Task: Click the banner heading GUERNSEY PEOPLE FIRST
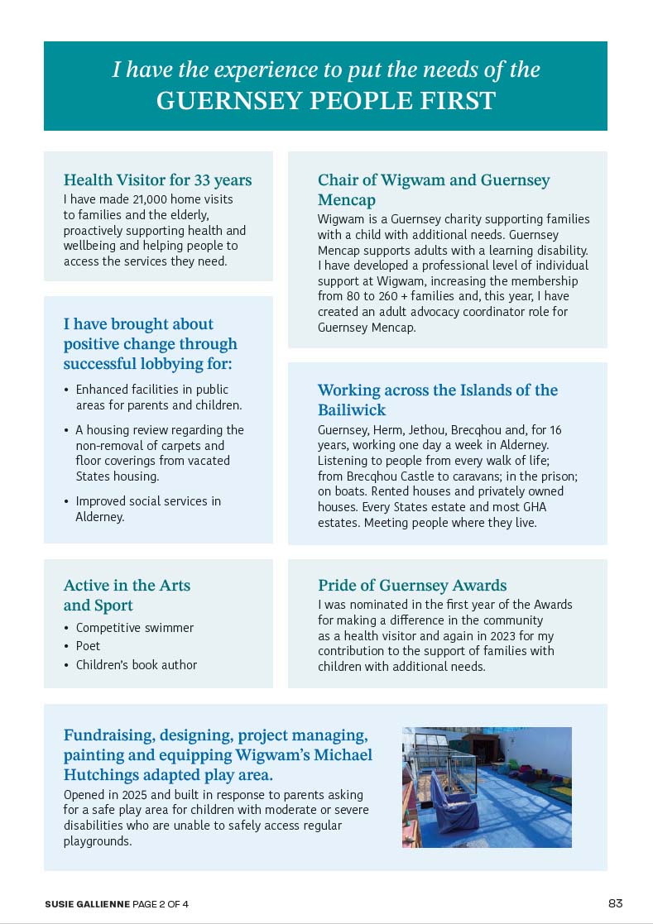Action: pos(325,101)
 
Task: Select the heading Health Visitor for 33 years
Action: pos(157,180)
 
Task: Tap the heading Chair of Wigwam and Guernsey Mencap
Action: pos(433,189)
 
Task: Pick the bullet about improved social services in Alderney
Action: pos(148,509)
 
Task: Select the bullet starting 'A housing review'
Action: pos(159,452)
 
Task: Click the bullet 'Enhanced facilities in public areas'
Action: pos(158,397)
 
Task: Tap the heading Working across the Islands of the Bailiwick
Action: pos(437,400)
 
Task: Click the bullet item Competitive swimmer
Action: pos(134,628)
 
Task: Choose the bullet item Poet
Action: pos(88,646)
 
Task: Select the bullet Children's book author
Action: pos(137,664)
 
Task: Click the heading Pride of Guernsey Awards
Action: pos(411,586)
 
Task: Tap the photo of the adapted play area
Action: pos(487,787)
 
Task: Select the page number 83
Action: pos(615,903)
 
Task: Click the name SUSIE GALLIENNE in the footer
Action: pos(87,904)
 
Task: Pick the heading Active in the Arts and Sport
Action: pos(127,595)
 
